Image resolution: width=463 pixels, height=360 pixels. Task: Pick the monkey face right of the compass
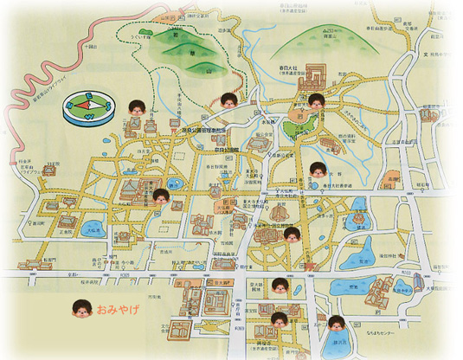tap(135, 109)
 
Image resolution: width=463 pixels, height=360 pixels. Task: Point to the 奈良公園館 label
tap(208, 148)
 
